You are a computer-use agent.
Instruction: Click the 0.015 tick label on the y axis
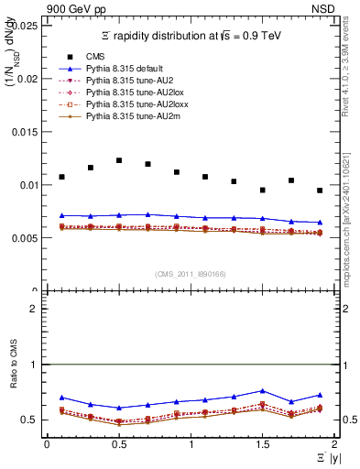pyautogui.click(x=24, y=131)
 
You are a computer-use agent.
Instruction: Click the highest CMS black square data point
pyautogui.click(x=119, y=160)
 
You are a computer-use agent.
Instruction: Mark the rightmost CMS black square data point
pyautogui.click(x=320, y=191)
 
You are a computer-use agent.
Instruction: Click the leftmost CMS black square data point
pyautogui.click(x=61, y=177)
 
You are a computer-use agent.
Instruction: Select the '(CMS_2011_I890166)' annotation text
pyautogui.click(x=190, y=274)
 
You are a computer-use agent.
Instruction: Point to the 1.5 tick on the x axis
pyautogui.click(x=262, y=443)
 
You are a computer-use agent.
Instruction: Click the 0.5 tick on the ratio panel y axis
pyautogui.click(x=34, y=420)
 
